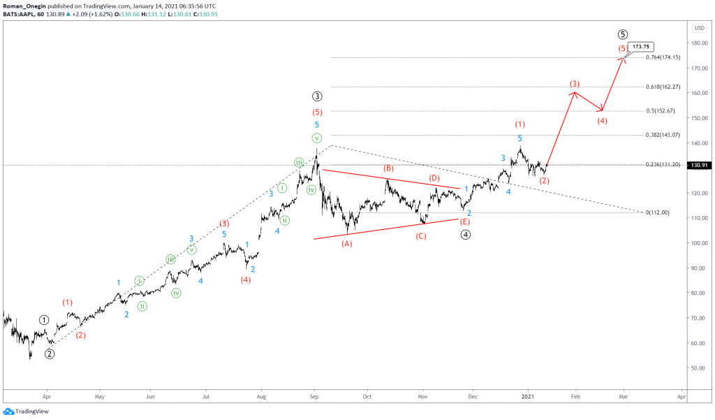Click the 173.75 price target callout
pyautogui.click(x=641, y=47)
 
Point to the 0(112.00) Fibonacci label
pyautogui.click(x=658, y=212)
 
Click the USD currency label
pyautogui.click(x=699, y=28)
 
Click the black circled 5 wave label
pyautogui.click(x=623, y=34)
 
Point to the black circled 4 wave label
pyautogui.click(x=465, y=235)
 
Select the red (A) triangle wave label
pyautogui.click(x=347, y=244)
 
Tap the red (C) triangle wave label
pyautogui.click(x=421, y=236)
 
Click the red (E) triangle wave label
pyautogui.click(x=465, y=222)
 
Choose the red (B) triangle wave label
pyautogui.click(x=388, y=169)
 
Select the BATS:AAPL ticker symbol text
pyautogui.click(x=20, y=14)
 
